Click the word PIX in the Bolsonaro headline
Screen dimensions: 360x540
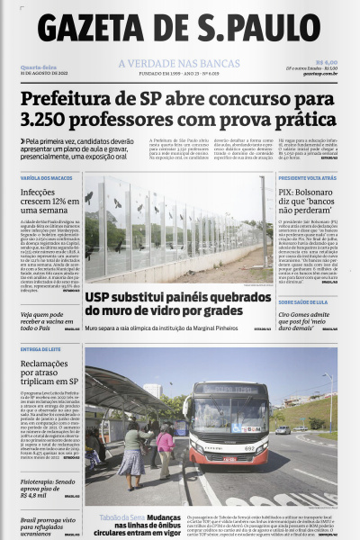287,192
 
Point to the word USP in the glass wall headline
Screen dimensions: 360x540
98,296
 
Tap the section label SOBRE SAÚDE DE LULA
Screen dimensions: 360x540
303,302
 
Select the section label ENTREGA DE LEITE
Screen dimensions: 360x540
40,349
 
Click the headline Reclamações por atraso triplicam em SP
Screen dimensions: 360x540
45,373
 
